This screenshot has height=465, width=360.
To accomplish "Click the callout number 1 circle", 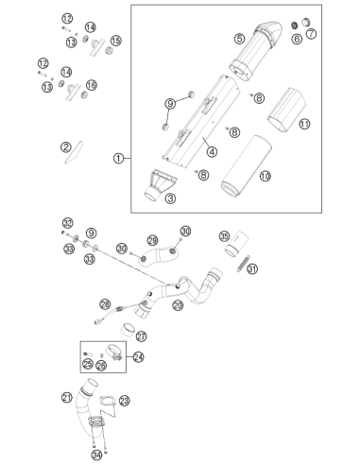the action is (118, 158).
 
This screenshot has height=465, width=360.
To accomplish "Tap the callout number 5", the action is (239, 39).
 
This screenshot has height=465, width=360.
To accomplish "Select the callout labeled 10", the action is (266, 176).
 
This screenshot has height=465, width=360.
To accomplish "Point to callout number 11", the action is (304, 124).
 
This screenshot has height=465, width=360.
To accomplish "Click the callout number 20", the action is (178, 305).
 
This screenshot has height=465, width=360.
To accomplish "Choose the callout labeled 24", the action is (138, 357).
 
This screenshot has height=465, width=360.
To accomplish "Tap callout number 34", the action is (96, 455).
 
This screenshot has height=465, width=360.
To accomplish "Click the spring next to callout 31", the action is (244, 263).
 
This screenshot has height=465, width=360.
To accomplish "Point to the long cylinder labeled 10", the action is (247, 167).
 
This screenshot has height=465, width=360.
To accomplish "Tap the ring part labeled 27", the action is (128, 330).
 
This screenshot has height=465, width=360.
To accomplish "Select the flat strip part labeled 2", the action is (74, 152).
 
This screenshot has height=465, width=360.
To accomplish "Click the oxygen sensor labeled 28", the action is (118, 313).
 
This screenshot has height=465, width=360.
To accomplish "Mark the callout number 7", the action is (311, 33).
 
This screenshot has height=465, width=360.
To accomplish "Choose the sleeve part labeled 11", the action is (286, 111).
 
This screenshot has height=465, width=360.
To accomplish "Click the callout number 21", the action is (67, 398).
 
